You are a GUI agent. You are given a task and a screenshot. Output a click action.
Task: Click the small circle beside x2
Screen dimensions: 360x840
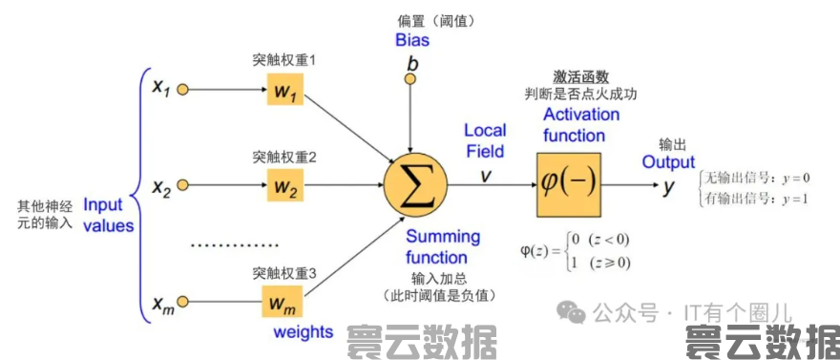pyautogui.click(x=183, y=184)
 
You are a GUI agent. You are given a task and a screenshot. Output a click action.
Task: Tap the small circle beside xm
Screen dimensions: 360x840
pyautogui.click(x=183, y=304)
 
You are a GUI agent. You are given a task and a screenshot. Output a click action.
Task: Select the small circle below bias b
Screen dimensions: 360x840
pyautogui.click(x=410, y=79)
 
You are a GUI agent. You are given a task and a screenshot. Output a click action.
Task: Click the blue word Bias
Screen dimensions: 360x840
pyautogui.click(x=412, y=40)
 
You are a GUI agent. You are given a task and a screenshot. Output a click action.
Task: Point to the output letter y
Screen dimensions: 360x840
pyautogui.click(x=669, y=186)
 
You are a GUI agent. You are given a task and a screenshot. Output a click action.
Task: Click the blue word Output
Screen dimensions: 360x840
pyautogui.click(x=668, y=162)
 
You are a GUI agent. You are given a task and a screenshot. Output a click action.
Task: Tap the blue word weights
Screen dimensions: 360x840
pyautogui.click(x=304, y=332)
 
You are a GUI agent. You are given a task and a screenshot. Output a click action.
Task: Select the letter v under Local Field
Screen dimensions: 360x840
pyautogui.click(x=485, y=175)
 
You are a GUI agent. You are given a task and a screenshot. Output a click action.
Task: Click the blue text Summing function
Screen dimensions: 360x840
pyautogui.click(x=442, y=246)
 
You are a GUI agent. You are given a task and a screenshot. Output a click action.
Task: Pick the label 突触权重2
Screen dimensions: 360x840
pyautogui.click(x=283, y=156)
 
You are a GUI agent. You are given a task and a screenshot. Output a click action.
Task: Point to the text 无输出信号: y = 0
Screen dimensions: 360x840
pyautogui.click(x=757, y=178)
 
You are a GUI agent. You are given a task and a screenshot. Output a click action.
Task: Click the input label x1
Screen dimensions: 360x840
pyautogui.click(x=159, y=89)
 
